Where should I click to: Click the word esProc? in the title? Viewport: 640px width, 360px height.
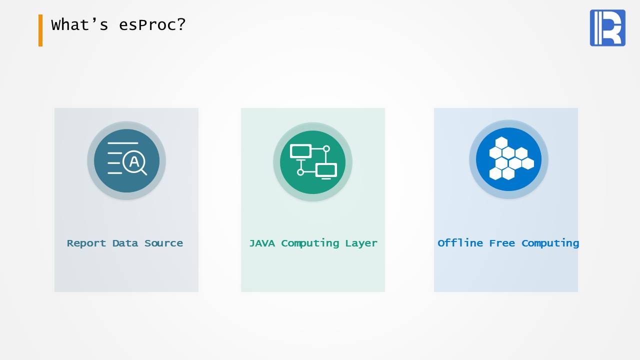[x=152, y=25]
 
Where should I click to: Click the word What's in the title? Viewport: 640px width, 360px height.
[x=79, y=24]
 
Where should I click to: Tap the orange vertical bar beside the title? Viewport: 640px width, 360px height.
[x=40, y=30]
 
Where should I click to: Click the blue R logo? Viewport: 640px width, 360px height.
[x=607, y=27]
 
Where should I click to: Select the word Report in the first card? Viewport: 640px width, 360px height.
[x=86, y=243]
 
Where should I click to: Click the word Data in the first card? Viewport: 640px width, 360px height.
[x=125, y=243]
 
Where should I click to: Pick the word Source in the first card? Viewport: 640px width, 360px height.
[x=163, y=243]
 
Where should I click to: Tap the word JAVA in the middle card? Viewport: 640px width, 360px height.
[x=262, y=243]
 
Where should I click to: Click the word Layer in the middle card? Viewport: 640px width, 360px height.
[x=361, y=243]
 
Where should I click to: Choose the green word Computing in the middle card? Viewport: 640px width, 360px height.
[x=310, y=243]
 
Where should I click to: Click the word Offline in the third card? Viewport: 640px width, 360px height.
[x=460, y=243]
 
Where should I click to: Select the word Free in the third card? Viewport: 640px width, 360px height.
[x=502, y=243]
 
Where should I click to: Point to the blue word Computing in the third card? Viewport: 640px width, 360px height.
[x=550, y=243]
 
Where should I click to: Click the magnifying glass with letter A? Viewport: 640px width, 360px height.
[x=134, y=162]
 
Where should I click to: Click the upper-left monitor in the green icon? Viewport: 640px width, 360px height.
[x=300, y=151]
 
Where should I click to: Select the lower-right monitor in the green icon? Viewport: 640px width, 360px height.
[x=326, y=171]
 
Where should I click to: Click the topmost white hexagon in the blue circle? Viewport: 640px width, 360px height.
[x=501, y=143]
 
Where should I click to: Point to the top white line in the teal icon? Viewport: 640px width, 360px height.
[x=123, y=143]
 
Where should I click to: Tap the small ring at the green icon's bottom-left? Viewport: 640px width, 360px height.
[x=300, y=172]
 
